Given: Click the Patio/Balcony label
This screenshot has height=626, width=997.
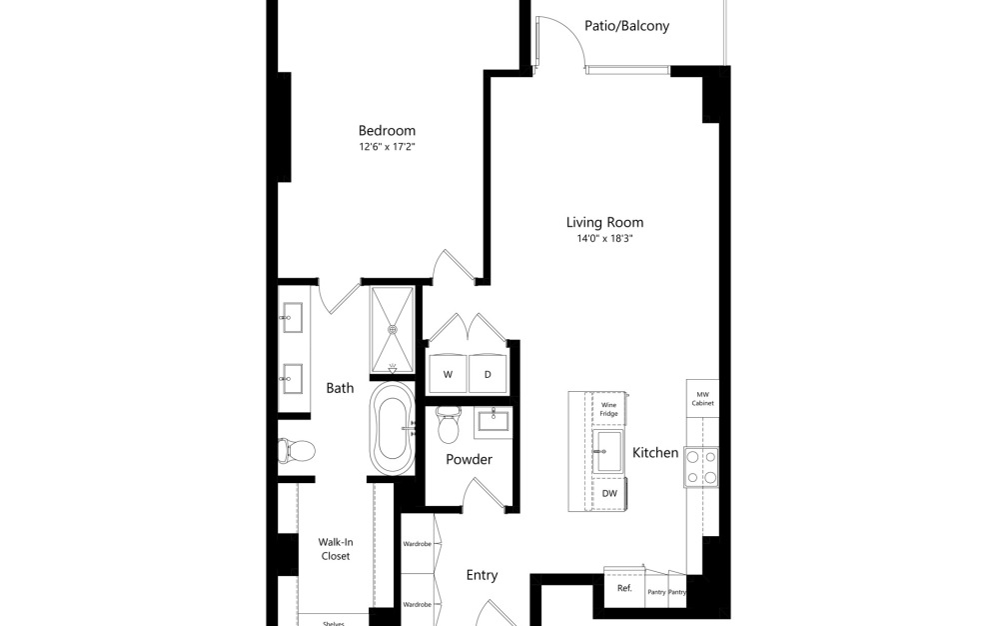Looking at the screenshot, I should click(x=626, y=26).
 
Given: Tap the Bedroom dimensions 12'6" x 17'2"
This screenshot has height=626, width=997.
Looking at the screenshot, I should click(x=387, y=147).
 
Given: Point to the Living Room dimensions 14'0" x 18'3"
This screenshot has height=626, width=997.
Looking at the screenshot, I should click(x=604, y=239).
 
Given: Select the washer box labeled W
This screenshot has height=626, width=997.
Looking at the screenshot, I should click(x=448, y=374).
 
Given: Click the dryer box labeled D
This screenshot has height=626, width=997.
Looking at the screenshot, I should click(x=488, y=374).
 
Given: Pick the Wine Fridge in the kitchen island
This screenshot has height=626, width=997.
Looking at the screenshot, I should click(x=608, y=409).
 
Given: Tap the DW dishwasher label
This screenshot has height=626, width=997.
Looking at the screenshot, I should click(x=608, y=493).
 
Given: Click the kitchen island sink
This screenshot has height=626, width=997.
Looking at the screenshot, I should click(x=607, y=451).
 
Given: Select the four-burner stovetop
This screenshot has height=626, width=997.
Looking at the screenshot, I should click(x=700, y=466).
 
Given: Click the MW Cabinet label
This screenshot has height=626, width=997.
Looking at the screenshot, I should click(x=701, y=399).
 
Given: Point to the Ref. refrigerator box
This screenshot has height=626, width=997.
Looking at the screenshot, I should click(x=624, y=588).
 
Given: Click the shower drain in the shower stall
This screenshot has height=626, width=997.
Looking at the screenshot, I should click(x=392, y=326).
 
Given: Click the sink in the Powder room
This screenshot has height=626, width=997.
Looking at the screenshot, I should click(x=493, y=420).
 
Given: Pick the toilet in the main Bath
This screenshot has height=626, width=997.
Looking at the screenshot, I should click(x=297, y=450).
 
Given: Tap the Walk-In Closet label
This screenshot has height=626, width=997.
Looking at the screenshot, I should click(x=335, y=549).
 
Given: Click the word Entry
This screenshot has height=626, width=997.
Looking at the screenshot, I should click(x=482, y=575).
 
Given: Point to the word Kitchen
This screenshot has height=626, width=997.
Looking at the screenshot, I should click(x=655, y=453).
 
